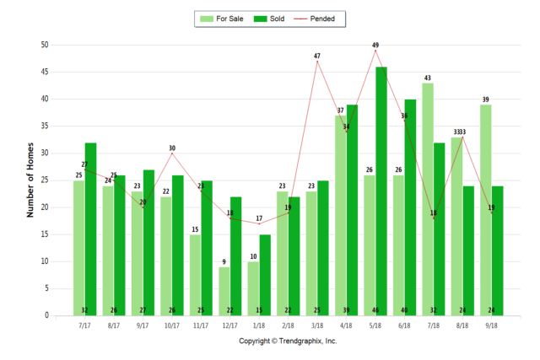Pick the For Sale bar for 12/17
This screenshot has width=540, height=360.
click(224, 291)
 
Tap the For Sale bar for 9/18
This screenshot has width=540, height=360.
click(485, 210)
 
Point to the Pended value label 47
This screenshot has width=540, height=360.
click(317, 56)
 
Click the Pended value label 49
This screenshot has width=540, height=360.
click(376, 46)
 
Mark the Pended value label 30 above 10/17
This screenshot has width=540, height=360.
click(171, 148)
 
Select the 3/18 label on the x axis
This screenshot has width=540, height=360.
click(316, 325)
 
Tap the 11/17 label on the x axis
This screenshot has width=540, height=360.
click(200, 325)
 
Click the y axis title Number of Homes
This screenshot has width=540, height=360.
click(30, 180)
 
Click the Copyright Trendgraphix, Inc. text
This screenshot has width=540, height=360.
click(288, 341)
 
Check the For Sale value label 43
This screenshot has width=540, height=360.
click(427, 78)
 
